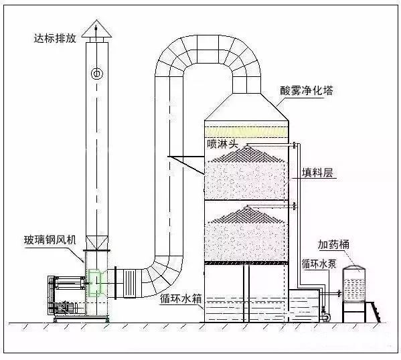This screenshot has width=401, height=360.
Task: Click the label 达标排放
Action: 56,38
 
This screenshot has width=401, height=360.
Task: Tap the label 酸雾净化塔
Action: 307,91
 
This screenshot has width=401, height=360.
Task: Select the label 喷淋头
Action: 222,144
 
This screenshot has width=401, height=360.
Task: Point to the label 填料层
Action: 317,173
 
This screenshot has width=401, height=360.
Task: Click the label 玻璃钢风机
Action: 50,240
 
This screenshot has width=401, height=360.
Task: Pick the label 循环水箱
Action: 181,298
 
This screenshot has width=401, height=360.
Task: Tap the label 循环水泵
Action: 319,264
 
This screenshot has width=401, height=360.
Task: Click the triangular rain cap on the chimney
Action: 96,29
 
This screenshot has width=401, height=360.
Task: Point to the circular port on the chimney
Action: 97,74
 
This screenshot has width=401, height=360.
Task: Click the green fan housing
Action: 95,283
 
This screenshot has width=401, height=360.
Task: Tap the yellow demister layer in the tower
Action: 246,132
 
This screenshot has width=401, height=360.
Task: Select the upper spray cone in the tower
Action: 246,154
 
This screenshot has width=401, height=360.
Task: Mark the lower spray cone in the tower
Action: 246,214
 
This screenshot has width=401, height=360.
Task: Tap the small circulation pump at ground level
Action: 325,314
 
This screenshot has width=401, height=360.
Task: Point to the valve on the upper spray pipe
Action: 295,145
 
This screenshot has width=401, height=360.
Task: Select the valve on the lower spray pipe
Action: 295,206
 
